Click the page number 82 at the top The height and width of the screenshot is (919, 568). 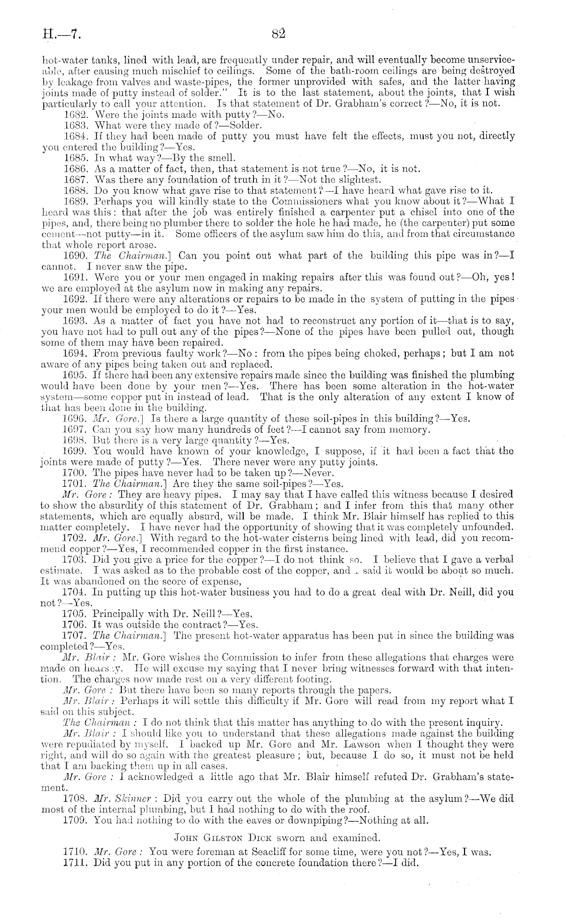pos(278,34)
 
